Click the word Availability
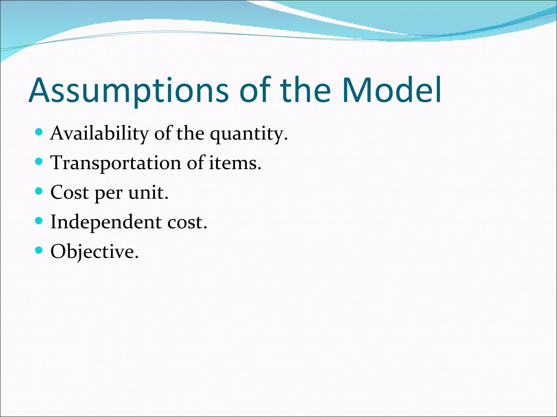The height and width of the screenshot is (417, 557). point(99,134)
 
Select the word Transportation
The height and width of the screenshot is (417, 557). point(116,163)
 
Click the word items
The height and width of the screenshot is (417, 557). point(235,163)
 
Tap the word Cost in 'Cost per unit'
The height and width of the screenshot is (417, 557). point(70,192)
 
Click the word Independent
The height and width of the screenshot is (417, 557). point(106,222)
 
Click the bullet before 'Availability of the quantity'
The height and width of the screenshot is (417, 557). point(39,132)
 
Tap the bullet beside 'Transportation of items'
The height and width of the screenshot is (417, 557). point(39,162)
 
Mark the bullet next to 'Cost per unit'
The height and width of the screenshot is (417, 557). point(39,191)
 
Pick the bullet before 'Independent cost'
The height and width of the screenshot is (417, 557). point(39,220)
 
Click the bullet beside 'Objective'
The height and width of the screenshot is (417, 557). point(39,250)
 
